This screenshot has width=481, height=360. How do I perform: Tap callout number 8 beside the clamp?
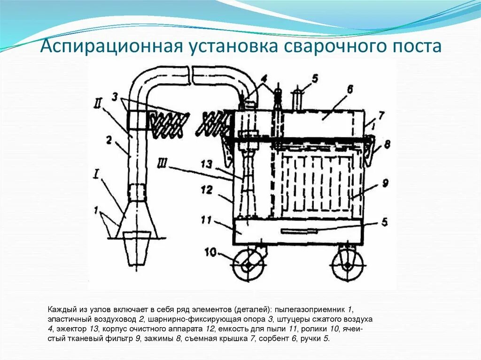pyautogui.click(x=387, y=145)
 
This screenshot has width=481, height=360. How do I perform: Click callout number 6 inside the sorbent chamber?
pyautogui.click(x=350, y=89)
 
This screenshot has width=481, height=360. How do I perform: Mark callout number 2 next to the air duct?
pyautogui.click(x=109, y=139)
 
